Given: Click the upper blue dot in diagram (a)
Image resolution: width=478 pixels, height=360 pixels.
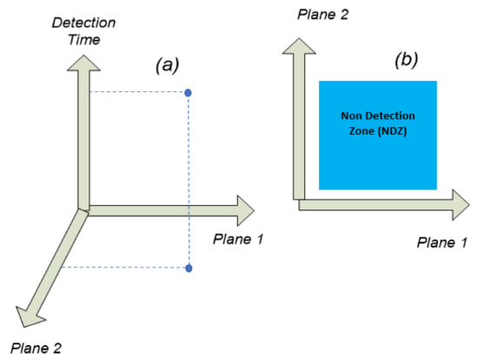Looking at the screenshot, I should (189, 92).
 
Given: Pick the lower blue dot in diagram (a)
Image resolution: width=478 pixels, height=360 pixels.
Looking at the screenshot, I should (189, 269).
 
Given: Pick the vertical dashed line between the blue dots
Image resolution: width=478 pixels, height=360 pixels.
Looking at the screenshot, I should (189, 174).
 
